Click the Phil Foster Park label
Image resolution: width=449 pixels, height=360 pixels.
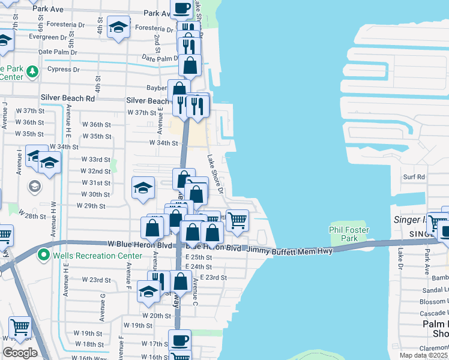click(x=349, y=234)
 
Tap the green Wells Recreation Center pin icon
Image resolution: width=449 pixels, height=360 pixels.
click(x=43, y=256)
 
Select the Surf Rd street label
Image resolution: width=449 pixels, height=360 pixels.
click(x=414, y=177)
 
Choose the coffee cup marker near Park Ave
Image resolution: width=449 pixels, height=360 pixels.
click(x=182, y=9)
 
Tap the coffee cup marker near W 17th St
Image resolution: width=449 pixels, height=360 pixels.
click(x=179, y=340)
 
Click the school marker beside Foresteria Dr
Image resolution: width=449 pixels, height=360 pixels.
click(x=118, y=28)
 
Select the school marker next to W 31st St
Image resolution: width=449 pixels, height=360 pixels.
click(x=143, y=188)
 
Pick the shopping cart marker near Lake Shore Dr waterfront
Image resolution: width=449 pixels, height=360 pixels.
click(x=238, y=220)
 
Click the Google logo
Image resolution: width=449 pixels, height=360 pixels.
click(x=19, y=353)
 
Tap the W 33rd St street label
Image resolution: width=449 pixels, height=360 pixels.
click(x=96, y=160)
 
